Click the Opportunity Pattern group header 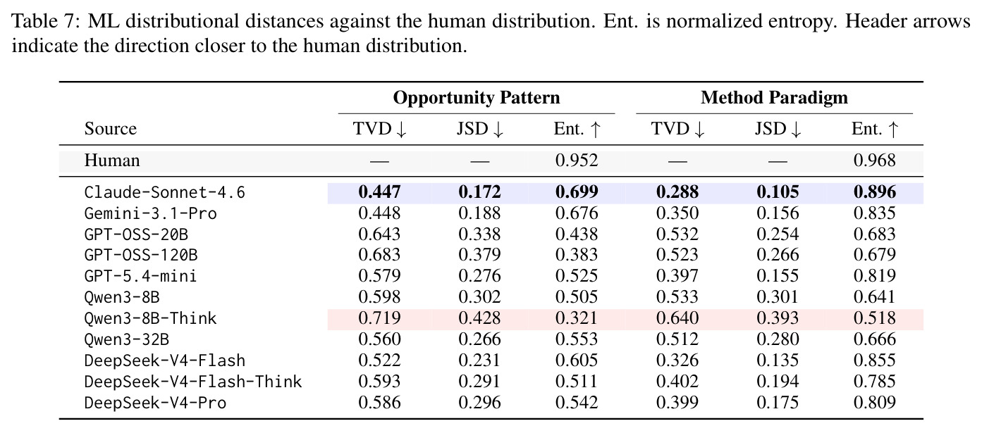(x=477, y=98)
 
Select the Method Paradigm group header (x=774, y=98)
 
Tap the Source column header (x=111, y=129)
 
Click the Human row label (x=112, y=161)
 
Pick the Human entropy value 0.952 (x=577, y=161)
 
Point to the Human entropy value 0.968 (x=875, y=161)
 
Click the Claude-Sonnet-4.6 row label (x=165, y=192)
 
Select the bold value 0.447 (x=379, y=192)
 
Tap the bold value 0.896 (x=875, y=192)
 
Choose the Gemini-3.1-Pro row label (x=150, y=213)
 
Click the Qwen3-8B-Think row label (x=150, y=318)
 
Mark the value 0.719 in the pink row (x=379, y=318)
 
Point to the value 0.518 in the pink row (x=875, y=318)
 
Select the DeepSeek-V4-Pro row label (x=155, y=403)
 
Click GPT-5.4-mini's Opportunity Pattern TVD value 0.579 (x=379, y=276)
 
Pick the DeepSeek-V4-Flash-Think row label (x=193, y=382)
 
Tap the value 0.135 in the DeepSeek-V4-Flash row (x=778, y=360)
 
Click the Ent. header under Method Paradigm (x=875, y=129)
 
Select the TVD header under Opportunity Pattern (x=380, y=129)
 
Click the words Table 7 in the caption (x=42, y=21)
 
